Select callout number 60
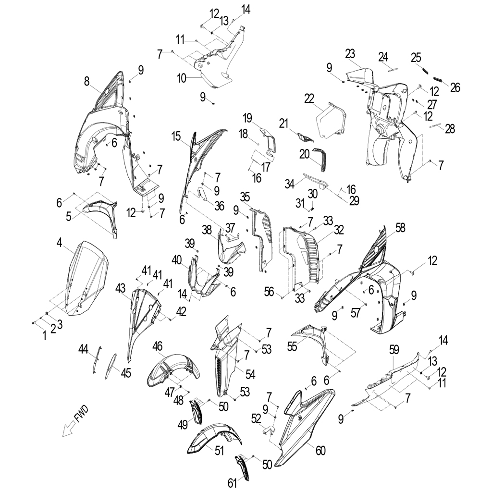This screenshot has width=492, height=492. tap(320, 451)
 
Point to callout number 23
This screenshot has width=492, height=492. tap(350, 54)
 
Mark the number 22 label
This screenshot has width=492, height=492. tap(309, 98)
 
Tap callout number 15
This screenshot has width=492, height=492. tap(176, 136)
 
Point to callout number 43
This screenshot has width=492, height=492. tap(120, 288)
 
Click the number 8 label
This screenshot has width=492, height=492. tap(87, 81)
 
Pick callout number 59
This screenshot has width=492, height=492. tap(394, 350)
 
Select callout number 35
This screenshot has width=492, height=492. tap(245, 197)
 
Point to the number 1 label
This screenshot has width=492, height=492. tap(45, 336)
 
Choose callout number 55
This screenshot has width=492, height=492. tap(292, 346)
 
